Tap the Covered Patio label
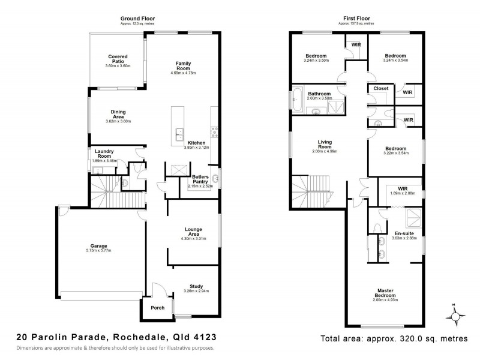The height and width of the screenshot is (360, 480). coord(118,59)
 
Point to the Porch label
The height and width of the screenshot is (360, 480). coord(157,308)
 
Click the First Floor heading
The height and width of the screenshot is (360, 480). coord(356,18)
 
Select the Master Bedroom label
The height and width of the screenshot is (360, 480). coord(385,292)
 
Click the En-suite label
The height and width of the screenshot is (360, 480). coord(401,233)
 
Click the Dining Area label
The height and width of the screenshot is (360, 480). coord(118,113)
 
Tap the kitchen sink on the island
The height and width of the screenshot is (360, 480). coord(178,133)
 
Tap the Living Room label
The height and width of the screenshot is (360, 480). coord(325,145)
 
